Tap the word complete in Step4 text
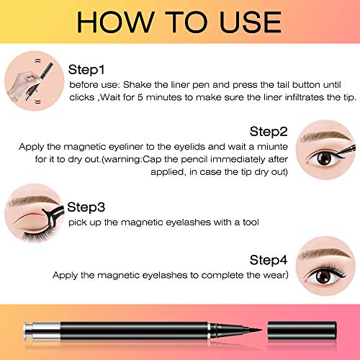[x=220, y=275]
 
